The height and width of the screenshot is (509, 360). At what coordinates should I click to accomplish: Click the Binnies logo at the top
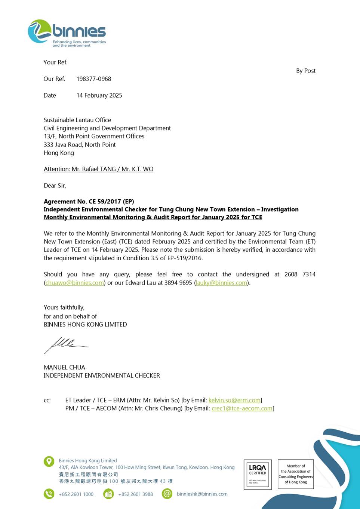point(67,33)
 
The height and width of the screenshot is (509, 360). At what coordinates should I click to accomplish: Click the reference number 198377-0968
point(93,79)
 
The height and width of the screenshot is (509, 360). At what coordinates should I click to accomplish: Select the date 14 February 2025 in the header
point(99,95)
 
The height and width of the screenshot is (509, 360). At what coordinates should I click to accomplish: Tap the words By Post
point(305,71)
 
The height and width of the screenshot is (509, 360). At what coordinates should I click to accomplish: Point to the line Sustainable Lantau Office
point(77,120)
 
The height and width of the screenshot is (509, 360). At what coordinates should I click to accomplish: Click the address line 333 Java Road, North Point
point(80,145)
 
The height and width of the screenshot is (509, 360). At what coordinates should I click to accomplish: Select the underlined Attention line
point(98,169)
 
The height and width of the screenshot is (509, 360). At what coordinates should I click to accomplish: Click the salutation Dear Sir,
point(55,185)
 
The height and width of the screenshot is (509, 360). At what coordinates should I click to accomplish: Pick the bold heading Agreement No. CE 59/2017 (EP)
point(89,202)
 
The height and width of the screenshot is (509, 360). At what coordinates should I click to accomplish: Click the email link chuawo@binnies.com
point(74,283)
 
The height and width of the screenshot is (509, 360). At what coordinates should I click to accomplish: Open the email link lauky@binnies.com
point(221,283)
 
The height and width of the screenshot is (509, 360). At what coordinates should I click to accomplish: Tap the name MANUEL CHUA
point(64,367)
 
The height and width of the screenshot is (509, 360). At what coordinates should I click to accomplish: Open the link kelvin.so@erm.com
point(234,400)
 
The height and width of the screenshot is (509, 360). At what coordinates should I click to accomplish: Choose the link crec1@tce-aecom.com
point(242,408)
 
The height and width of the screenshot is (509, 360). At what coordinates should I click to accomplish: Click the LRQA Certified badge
point(258,474)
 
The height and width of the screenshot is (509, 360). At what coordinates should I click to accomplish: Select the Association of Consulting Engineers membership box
point(296,474)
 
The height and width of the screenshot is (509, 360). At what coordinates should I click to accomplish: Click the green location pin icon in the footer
point(49,461)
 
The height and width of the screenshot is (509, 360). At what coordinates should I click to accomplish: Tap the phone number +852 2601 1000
point(76,494)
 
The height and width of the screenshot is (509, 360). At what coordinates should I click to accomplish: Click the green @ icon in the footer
point(167,494)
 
